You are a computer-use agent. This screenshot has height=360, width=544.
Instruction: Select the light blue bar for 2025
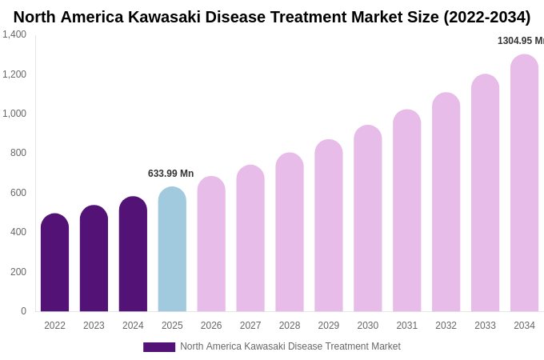172,250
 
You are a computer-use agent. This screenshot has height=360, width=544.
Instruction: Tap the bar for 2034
524,183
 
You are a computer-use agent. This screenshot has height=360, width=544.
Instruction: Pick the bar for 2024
133,254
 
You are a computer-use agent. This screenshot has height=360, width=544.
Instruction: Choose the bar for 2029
328,226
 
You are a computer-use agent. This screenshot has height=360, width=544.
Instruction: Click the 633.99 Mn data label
170,174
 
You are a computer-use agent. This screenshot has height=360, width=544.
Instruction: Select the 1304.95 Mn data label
520,41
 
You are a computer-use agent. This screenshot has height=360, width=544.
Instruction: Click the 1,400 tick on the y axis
14,34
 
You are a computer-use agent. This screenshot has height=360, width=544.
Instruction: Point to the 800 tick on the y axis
18,153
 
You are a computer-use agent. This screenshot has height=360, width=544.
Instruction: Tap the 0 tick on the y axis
23,311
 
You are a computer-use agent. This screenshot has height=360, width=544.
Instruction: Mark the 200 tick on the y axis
18,272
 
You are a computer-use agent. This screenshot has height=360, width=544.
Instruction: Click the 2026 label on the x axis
211,326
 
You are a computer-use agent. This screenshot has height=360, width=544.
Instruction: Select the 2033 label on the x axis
485,326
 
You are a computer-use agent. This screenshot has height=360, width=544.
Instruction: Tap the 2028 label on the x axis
290,326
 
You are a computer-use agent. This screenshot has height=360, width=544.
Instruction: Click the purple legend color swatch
158,347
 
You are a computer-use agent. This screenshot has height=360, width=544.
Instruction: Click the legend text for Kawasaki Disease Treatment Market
290,346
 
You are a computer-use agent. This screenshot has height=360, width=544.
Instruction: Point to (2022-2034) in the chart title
486,17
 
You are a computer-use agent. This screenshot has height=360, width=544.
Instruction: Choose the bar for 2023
94,258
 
